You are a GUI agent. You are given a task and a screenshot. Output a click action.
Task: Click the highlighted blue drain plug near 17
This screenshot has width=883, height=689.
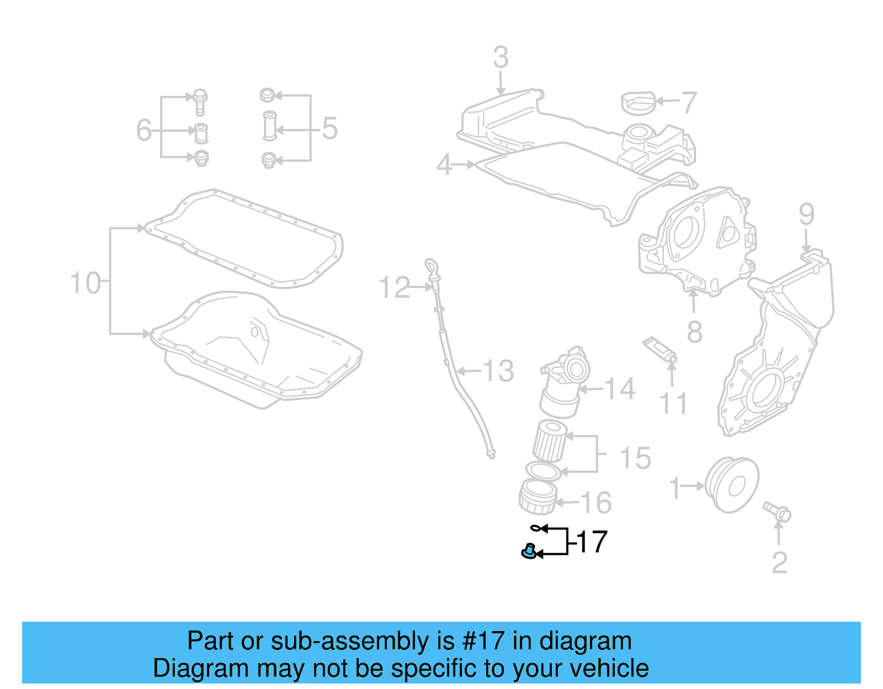click(x=529, y=551)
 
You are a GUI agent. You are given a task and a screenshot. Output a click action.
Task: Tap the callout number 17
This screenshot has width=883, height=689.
click(x=592, y=542)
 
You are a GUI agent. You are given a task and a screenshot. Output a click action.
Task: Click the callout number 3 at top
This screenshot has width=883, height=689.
click(x=500, y=57)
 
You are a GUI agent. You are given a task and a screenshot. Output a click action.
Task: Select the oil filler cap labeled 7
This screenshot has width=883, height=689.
click(x=638, y=103)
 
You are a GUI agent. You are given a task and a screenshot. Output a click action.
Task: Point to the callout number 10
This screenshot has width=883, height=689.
click(x=86, y=283)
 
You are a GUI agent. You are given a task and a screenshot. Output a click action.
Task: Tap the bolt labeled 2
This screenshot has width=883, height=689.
click(x=778, y=511)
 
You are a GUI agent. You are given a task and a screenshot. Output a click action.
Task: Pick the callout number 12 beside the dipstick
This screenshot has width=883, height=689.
click(x=395, y=288)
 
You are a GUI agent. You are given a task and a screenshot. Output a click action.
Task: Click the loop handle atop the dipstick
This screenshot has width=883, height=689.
click(x=430, y=266)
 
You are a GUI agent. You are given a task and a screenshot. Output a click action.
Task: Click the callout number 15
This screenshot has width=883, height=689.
click(x=635, y=458)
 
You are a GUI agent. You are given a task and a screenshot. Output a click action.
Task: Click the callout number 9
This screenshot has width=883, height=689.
click(x=806, y=214)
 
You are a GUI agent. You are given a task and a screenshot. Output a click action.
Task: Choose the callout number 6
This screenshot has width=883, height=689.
click(x=143, y=131)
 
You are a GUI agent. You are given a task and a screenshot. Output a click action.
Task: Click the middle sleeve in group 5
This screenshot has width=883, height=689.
click(x=269, y=126)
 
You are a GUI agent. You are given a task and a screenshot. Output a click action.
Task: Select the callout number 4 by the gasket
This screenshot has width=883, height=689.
click(x=444, y=165)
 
